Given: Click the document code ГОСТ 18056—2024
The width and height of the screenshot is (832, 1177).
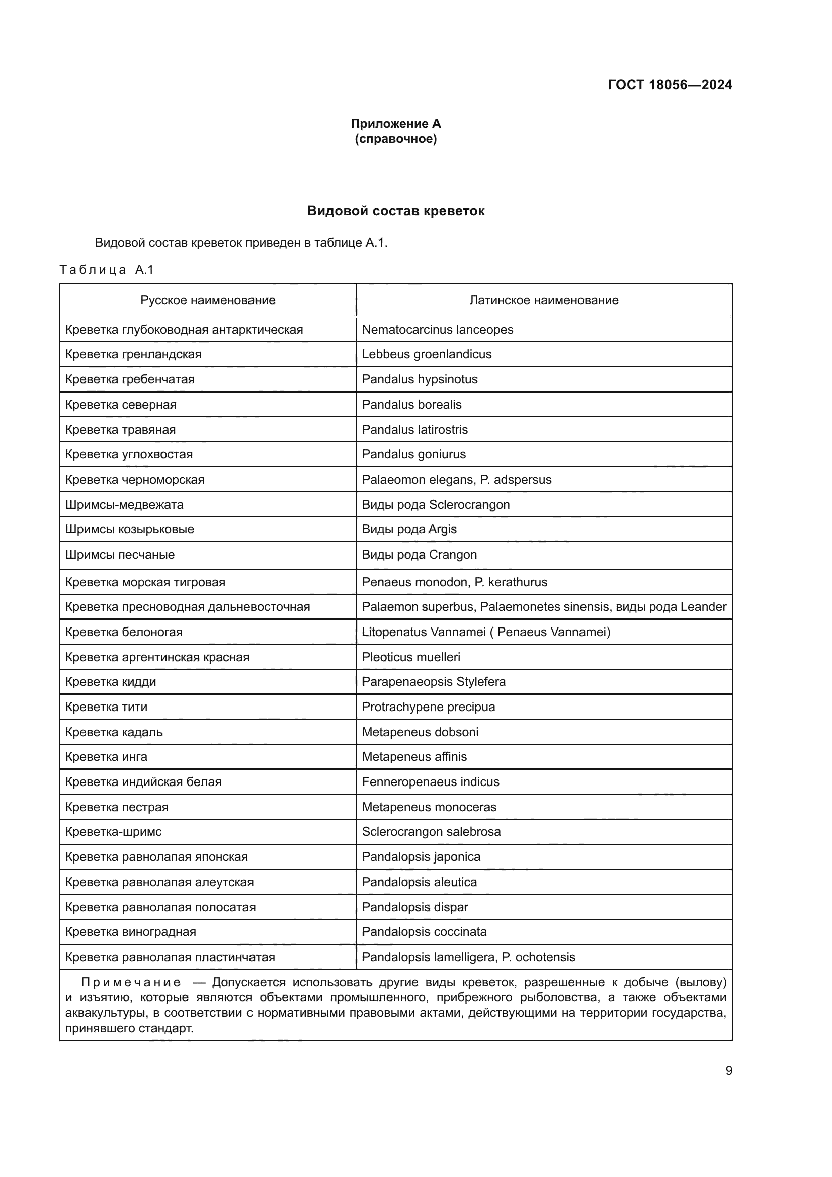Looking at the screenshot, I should click(x=670, y=85).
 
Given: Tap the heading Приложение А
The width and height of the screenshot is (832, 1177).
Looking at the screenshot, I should click(x=395, y=124).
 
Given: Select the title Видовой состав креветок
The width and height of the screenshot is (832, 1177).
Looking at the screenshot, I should click(x=395, y=211).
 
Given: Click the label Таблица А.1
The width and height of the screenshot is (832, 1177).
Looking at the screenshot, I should click(x=107, y=270).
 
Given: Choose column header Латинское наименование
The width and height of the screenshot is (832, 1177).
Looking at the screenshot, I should click(x=544, y=300).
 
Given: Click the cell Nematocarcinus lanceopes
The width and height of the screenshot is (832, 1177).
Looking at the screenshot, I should click(x=437, y=330).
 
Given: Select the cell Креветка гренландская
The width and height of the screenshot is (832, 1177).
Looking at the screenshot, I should click(x=133, y=355).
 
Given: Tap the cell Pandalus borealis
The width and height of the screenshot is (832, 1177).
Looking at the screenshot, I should click(x=411, y=405).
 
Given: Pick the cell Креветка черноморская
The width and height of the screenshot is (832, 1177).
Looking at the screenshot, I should click(x=135, y=480).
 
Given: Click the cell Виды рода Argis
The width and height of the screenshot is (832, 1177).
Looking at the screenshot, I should click(x=409, y=529).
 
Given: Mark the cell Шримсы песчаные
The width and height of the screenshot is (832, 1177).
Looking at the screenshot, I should click(x=120, y=555).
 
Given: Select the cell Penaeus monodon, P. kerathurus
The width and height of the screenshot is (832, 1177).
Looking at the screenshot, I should click(x=454, y=582).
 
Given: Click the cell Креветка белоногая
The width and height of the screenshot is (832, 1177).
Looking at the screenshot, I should click(x=124, y=632).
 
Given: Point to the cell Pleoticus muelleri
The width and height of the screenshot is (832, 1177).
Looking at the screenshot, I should click(x=411, y=657).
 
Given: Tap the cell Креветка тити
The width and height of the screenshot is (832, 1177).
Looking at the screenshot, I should click(x=106, y=708).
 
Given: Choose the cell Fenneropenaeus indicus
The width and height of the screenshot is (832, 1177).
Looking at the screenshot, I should click(x=431, y=782).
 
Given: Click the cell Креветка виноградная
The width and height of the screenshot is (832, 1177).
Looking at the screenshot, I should click(x=131, y=932).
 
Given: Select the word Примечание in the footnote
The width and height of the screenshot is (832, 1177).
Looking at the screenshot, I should click(x=131, y=983).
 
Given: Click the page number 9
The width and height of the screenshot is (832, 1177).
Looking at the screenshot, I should click(x=728, y=1071).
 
